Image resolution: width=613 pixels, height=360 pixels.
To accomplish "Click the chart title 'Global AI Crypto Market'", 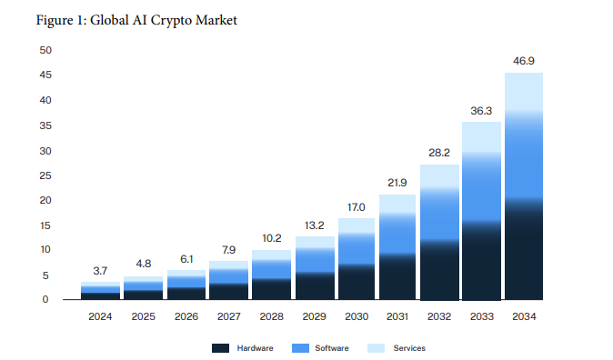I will pyautogui.click(x=136, y=20).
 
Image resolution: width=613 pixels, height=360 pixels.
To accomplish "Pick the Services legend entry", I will pyautogui.click(x=399, y=348).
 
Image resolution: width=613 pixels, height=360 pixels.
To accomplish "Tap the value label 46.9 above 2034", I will pyautogui.click(x=524, y=62).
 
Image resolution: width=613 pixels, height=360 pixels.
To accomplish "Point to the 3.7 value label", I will pyautogui.click(x=100, y=271).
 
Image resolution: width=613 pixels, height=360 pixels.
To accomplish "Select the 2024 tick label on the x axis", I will pyautogui.click(x=100, y=316).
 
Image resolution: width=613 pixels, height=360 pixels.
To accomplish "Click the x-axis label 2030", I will pyautogui.click(x=355, y=316).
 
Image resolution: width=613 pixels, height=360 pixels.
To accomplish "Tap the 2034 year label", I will pyautogui.click(x=524, y=316).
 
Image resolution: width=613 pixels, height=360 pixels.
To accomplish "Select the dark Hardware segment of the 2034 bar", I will pyautogui.click(x=524, y=250).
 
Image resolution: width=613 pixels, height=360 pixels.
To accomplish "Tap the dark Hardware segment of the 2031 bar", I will pyautogui.click(x=397, y=277).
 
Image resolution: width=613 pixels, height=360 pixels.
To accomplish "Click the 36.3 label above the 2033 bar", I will pyautogui.click(x=481, y=111).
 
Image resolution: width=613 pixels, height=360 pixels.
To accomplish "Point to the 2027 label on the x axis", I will pyautogui.click(x=227, y=316).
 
